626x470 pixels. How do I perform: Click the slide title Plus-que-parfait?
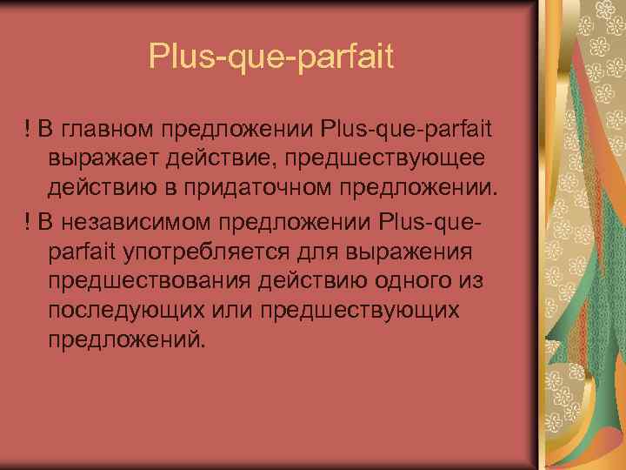click(271, 57)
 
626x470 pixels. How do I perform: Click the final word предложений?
click(130, 340)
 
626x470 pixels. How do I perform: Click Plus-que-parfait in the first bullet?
click(406, 130)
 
